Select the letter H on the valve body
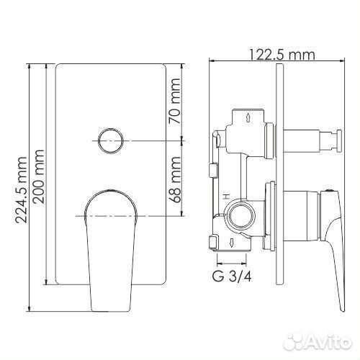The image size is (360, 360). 225,197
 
